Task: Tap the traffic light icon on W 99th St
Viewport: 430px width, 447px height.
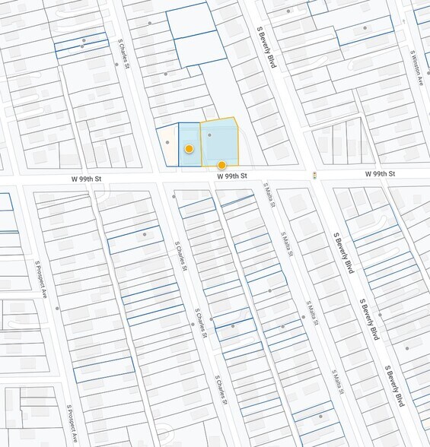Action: (314, 176)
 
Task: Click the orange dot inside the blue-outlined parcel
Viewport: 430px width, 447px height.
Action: (189, 148)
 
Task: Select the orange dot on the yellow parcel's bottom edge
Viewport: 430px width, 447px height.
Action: (221, 165)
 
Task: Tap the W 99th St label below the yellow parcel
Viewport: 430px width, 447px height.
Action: (232, 176)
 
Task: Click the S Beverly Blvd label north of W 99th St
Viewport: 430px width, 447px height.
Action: (263, 46)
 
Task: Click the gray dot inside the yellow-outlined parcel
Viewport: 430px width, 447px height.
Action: (210, 135)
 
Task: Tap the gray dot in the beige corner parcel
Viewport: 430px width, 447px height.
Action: (167, 141)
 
